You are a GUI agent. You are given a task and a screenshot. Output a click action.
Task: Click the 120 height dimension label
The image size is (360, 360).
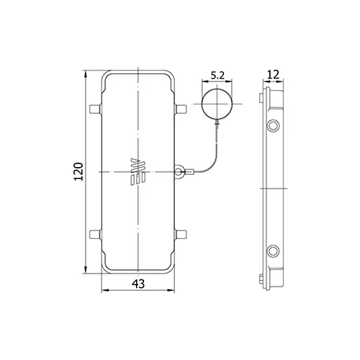pos(78,171)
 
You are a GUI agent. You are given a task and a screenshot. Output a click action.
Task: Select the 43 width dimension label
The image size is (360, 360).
pos(138,284)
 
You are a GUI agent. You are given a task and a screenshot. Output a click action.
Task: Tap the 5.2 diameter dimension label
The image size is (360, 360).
pos(217,76)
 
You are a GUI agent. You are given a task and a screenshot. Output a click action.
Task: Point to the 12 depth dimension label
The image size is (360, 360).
pos(274,75)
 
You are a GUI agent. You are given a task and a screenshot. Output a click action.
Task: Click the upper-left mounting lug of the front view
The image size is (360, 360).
pos(95,109)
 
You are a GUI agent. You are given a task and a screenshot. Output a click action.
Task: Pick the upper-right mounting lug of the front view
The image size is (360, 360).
pos(181,109)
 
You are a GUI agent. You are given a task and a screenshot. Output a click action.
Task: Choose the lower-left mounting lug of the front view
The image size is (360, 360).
pos(95,235)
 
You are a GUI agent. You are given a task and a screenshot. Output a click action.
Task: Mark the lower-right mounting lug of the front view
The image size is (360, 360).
pos(181,235)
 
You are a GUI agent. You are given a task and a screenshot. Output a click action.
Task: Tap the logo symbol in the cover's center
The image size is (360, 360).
pos(138,172)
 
